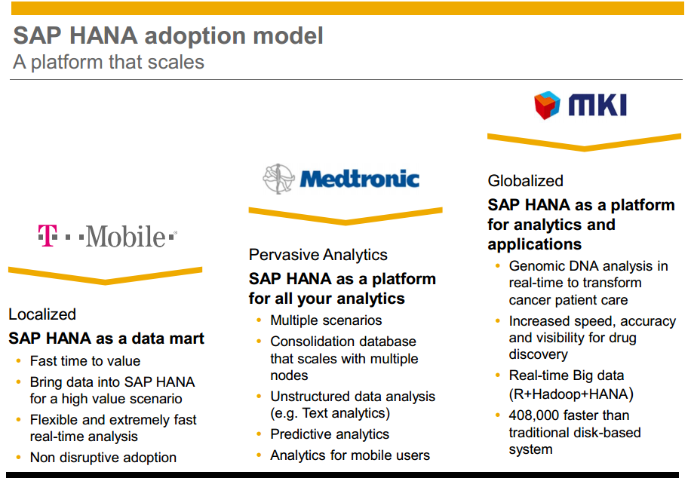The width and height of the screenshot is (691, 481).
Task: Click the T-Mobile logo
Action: pos(108,236)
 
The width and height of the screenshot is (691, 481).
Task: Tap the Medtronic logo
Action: pos(341,179)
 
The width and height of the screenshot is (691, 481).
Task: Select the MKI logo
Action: pos(580,106)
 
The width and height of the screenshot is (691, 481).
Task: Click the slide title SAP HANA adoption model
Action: pos(168,35)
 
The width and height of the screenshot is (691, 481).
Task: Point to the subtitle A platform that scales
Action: pos(109,62)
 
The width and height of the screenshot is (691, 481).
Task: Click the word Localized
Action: pos(42,314)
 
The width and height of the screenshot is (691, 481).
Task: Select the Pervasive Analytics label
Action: pos(318,255)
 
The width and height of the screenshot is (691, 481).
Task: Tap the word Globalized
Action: pos(525,181)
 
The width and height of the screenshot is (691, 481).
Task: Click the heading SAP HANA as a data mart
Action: pos(106,339)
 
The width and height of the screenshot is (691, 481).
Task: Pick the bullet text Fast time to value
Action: pos(85,360)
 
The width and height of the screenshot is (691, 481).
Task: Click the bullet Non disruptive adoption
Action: pos(103,457)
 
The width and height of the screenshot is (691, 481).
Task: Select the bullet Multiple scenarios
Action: pos(326,320)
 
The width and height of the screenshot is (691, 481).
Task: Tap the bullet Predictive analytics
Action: pos(330,434)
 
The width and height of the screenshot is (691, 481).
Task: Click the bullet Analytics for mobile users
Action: pos(350,455)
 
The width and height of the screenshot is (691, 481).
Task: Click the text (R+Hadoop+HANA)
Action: pos(571,394)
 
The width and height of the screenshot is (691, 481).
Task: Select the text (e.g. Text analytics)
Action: pos(330,413)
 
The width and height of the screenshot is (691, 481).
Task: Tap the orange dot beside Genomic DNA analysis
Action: pos(498,265)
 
